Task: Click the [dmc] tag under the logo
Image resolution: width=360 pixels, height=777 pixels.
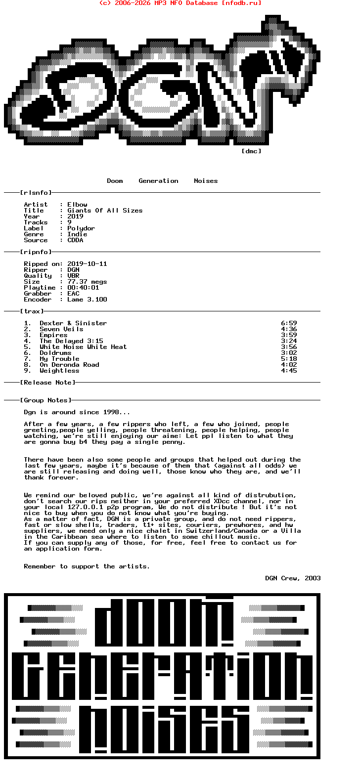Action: (x=251, y=151)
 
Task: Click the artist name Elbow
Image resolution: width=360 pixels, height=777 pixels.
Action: (x=77, y=205)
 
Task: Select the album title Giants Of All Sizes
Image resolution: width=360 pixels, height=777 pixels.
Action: (x=105, y=211)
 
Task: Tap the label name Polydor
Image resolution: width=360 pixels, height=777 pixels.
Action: (x=81, y=228)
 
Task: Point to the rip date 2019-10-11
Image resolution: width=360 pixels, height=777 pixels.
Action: (x=87, y=264)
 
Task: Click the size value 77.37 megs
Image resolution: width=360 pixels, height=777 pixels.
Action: (x=87, y=282)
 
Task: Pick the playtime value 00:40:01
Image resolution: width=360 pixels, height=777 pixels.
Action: (x=83, y=288)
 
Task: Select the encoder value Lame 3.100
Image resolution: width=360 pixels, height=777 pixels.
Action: (x=87, y=300)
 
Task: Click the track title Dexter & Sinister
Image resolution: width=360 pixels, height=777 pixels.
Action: (x=73, y=323)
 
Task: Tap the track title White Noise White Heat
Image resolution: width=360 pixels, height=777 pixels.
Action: (x=83, y=347)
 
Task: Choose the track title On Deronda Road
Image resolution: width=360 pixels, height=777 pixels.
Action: (x=69, y=365)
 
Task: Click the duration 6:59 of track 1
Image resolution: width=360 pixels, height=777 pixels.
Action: (x=289, y=323)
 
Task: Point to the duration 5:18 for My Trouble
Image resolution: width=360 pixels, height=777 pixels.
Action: (x=289, y=359)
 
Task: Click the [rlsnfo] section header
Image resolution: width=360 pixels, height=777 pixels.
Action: (x=36, y=193)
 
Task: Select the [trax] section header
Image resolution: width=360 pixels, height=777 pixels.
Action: (x=32, y=311)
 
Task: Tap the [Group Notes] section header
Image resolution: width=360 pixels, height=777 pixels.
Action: (x=45, y=400)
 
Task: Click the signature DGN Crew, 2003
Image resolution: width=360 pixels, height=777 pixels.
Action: (x=293, y=578)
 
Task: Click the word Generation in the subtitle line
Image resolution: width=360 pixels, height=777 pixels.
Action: (x=158, y=181)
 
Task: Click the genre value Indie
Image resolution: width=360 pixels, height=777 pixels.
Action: (x=77, y=234)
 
